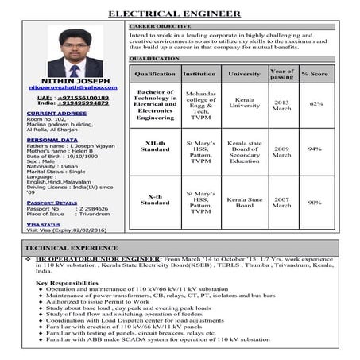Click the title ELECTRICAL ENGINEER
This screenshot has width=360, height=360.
tap(174, 14)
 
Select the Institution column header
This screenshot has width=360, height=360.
tap(199, 73)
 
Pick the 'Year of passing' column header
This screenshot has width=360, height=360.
tap(281, 73)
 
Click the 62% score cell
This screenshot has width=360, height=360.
tap(315, 104)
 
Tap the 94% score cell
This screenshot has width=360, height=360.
tap(315, 149)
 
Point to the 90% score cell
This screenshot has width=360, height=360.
tap(315, 202)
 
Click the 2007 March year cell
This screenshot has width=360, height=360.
tap(281, 202)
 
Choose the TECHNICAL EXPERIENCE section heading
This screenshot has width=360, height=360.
tap(71, 249)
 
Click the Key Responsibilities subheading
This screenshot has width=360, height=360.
tap(67, 283)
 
